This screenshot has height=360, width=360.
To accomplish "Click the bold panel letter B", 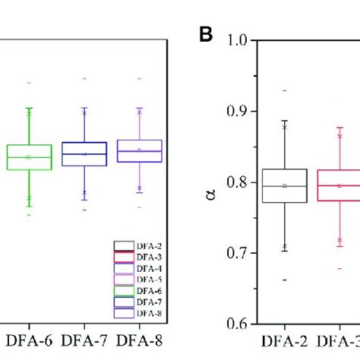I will pos(204,35).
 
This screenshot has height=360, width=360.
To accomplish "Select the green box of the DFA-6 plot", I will pos(29,157).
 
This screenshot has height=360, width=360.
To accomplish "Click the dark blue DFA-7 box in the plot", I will pos(84,153).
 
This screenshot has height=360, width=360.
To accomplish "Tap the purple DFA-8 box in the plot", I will pos(140,151).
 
